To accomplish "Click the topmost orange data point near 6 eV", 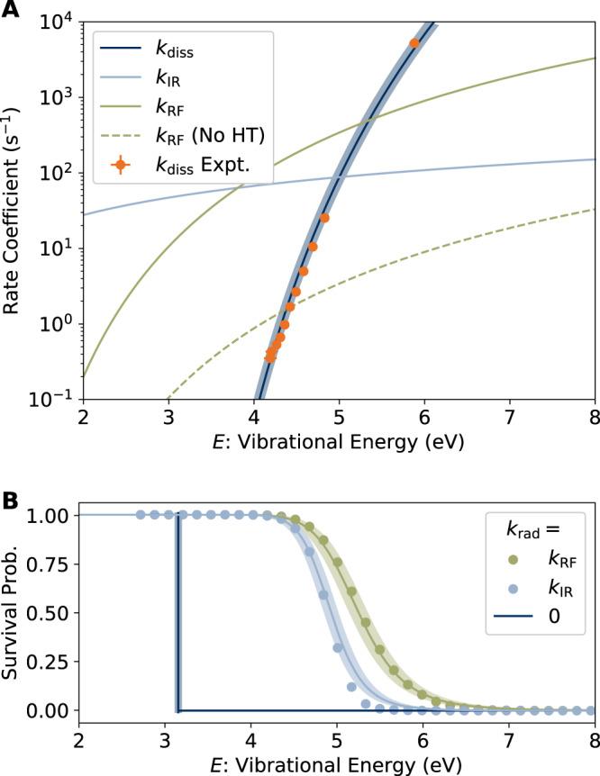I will tap(414, 43).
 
